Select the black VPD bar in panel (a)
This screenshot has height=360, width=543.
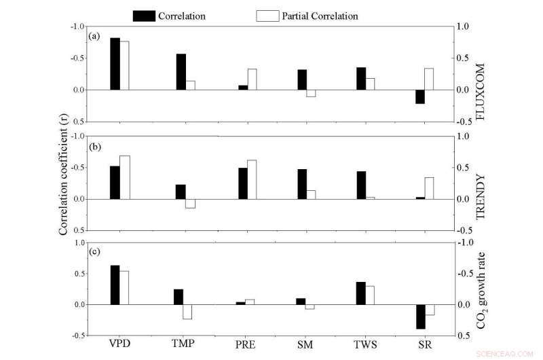point(115,64)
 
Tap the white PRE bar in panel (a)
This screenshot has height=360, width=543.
point(252,79)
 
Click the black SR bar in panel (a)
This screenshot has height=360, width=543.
point(419,96)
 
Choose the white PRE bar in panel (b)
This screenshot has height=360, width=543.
point(252,179)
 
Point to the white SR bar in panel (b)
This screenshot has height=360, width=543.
point(429,188)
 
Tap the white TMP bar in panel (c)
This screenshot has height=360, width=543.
point(187,312)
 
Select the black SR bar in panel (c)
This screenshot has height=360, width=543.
point(420,317)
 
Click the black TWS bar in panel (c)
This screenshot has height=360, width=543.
point(360,293)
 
